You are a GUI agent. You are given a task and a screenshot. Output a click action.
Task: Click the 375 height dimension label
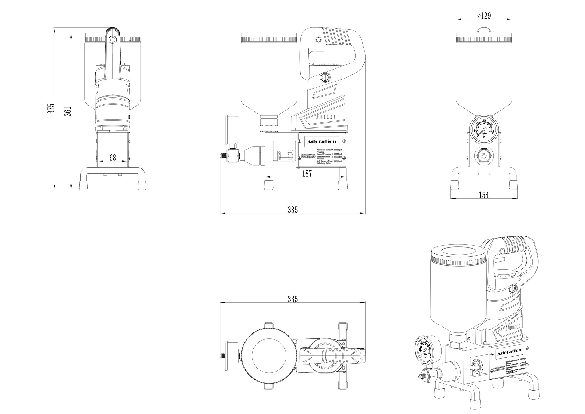coord(52,108)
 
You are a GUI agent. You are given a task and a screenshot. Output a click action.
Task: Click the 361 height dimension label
coord(69,111)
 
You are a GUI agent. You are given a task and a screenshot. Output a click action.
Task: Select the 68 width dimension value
coord(113,158)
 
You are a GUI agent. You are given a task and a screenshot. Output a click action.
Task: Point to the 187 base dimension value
coord(307,173)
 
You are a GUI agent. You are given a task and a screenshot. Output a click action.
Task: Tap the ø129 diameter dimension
coord(484,16)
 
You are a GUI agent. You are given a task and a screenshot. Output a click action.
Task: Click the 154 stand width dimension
coord(484,195)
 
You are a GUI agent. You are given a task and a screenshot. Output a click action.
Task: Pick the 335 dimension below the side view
coord(292,210)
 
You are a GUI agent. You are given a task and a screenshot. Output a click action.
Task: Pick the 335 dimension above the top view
coord(292,299)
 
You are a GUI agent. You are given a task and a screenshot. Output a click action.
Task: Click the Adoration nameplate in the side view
coord(322,141)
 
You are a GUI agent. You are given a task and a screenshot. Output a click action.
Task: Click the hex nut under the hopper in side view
coord(268,128)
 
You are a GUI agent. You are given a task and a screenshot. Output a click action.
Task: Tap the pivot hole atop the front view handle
coord(113,39)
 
